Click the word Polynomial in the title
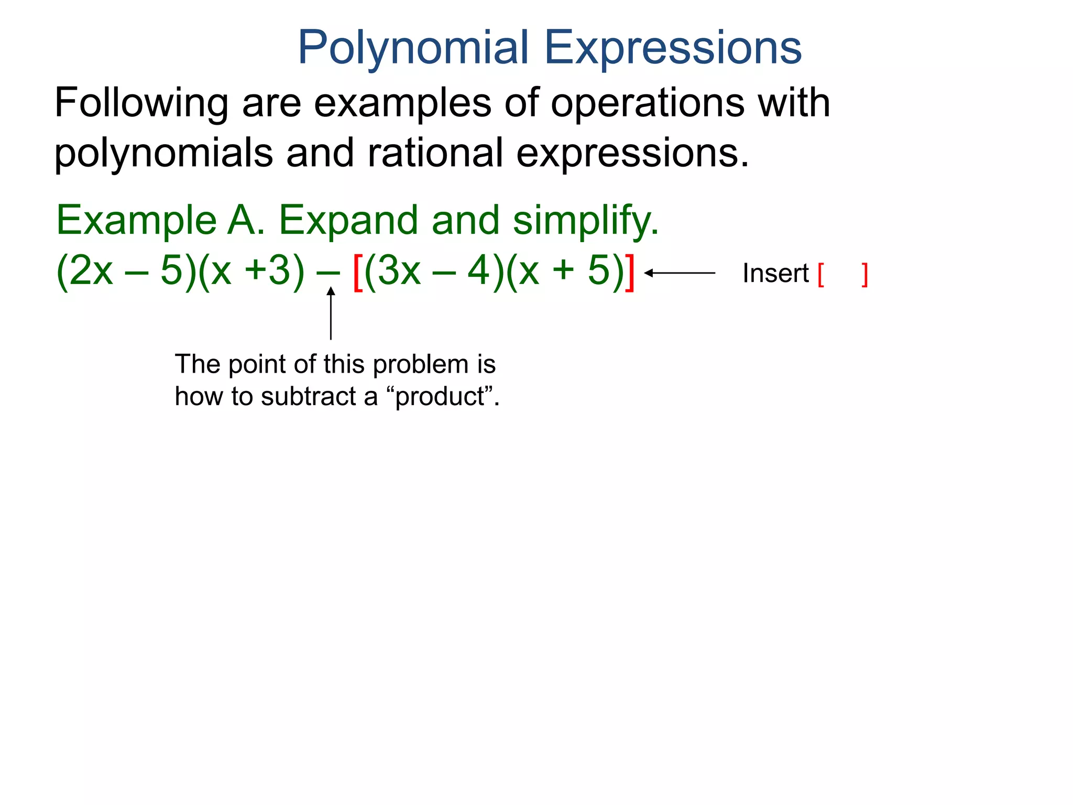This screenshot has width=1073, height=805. [x=413, y=48]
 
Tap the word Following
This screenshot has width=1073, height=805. [x=141, y=103]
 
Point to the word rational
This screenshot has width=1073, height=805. [x=434, y=153]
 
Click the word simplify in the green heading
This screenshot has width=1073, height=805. [x=585, y=221]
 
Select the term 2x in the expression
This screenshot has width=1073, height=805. [x=91, y=271]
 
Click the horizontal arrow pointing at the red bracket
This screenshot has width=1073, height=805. [x=680, y=273]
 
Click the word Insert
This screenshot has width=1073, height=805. [x=775, y=274]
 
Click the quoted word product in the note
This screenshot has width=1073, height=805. [x=440, y=397]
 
